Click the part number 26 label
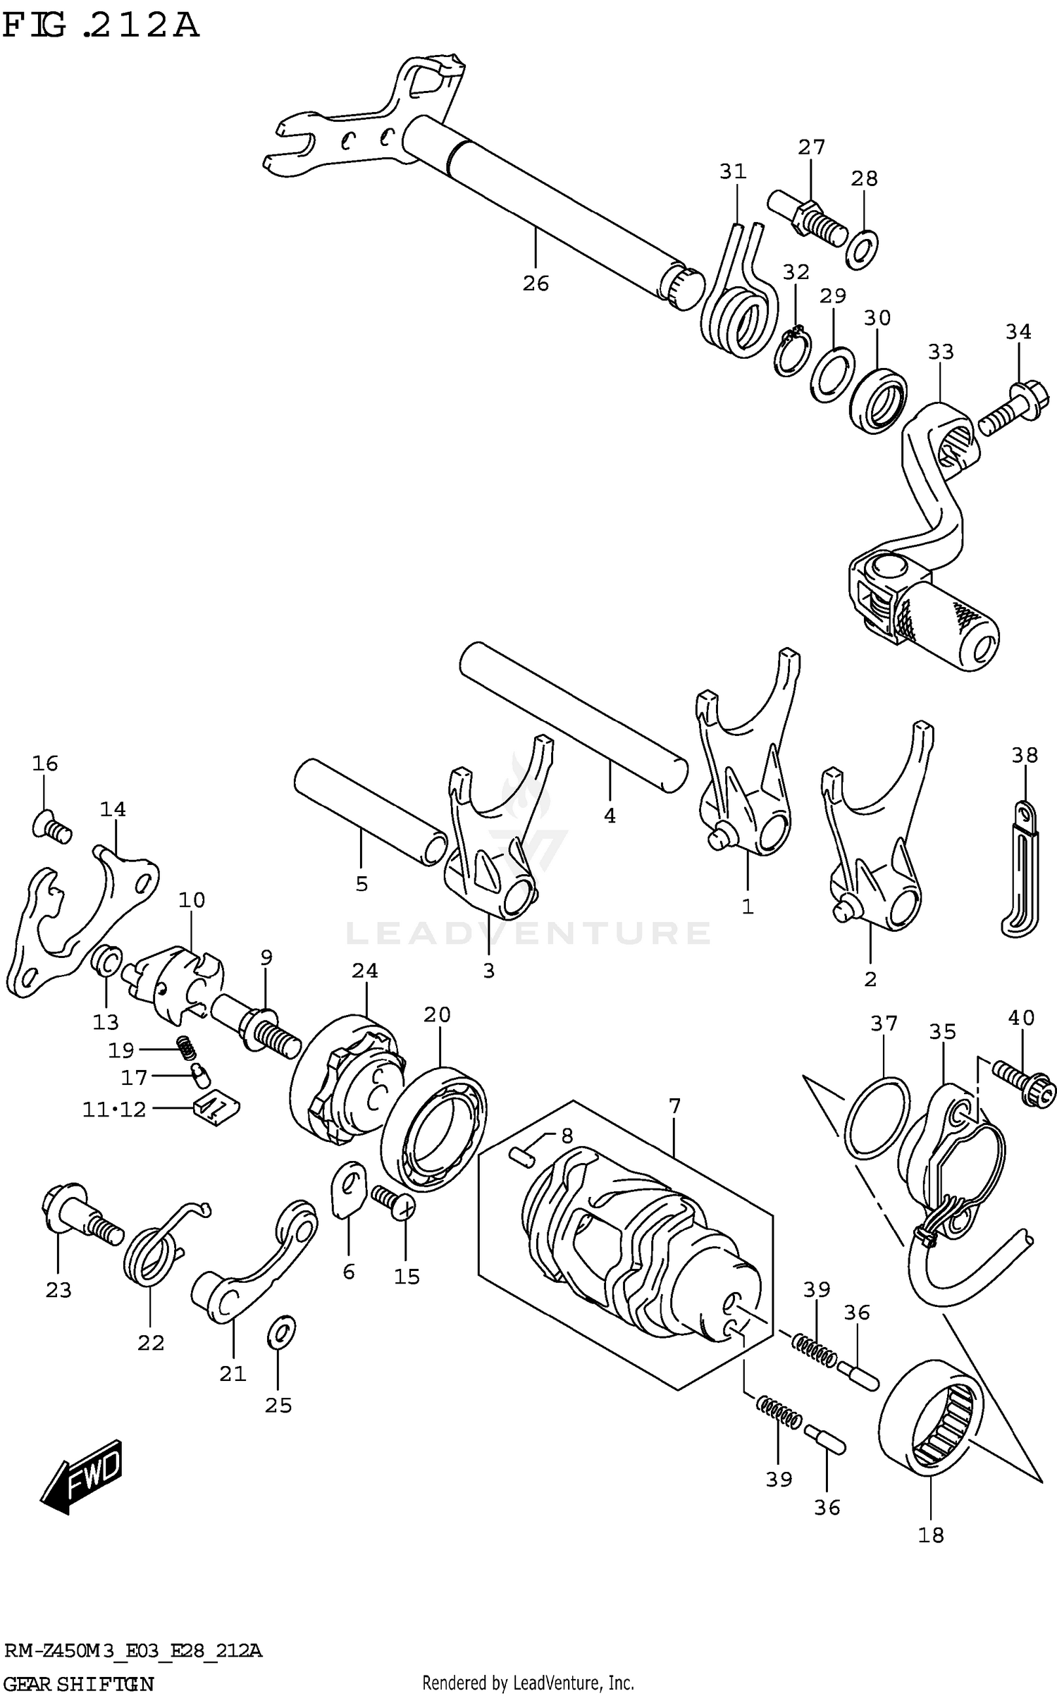536,283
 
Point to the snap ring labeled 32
793,352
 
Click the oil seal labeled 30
878,400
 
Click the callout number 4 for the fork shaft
610,816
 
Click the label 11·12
114,1110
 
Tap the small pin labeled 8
522,1155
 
